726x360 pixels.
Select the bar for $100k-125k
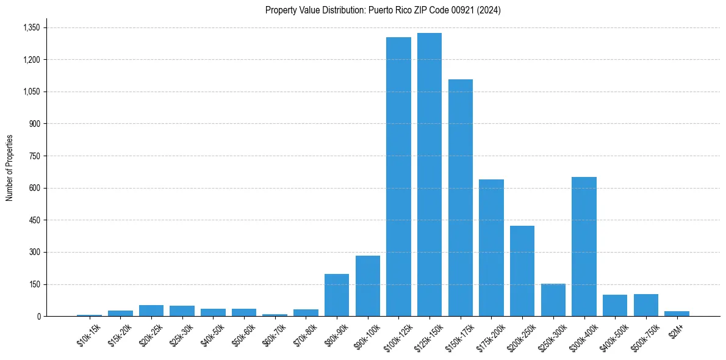398,177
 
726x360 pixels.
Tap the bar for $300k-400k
584,247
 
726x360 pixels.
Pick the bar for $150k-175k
461,198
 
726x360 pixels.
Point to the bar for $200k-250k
522,271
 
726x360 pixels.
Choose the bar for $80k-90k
337,295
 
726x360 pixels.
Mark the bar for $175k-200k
491,248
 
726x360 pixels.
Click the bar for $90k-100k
368,286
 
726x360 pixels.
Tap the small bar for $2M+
677,314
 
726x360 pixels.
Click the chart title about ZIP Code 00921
383,10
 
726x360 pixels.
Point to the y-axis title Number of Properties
10,168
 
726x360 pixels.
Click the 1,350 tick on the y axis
31,27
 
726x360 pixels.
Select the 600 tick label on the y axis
35,188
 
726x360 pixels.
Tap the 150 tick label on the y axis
35,284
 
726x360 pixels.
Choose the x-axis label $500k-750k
646,336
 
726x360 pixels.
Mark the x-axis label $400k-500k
615,336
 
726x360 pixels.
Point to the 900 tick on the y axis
35,124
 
